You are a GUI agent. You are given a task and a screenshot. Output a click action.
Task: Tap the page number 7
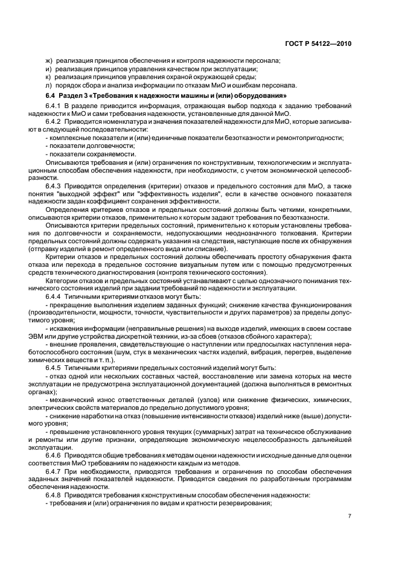point(350,516)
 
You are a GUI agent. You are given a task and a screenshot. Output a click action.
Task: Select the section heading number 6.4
point(51,95)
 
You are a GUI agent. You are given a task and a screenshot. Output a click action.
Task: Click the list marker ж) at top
point(49,61)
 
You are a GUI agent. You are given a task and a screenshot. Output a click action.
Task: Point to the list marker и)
point(49,69)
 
